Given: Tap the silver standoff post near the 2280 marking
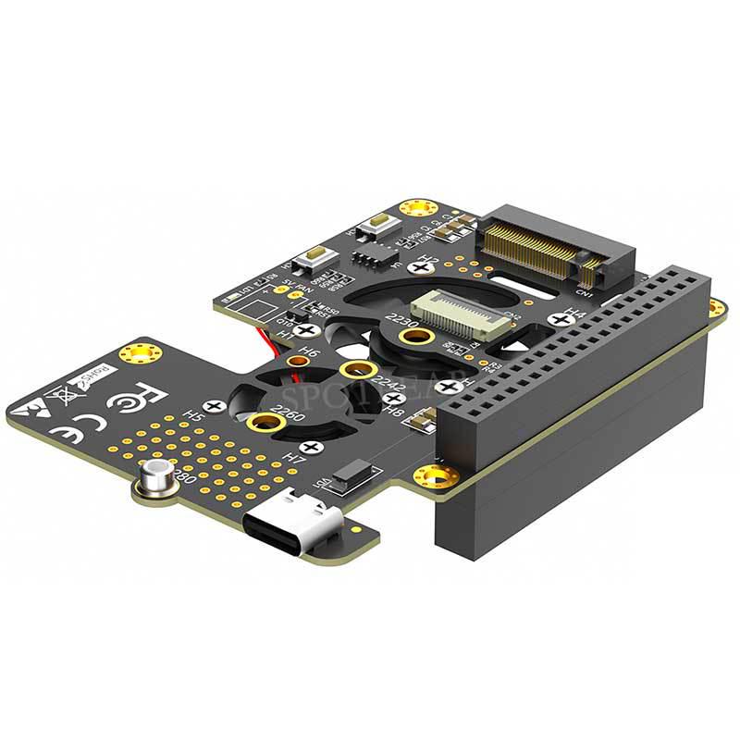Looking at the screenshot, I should pos(154,480).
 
